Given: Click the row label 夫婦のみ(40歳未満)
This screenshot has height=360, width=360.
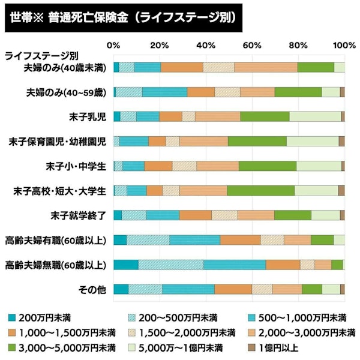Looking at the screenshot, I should (67, 67).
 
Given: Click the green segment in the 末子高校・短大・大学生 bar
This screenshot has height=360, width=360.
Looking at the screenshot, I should (260, 190).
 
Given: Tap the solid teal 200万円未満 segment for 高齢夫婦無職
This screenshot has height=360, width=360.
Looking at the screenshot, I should (125, 265).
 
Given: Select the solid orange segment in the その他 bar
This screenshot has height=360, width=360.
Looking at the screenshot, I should (233, 289).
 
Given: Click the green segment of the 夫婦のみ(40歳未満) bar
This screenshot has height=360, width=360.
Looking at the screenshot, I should (315, 67).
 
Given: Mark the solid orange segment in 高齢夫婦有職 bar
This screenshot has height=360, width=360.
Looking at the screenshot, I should (240, 240).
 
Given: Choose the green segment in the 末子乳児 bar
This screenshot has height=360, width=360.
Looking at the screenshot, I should (265, 116).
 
